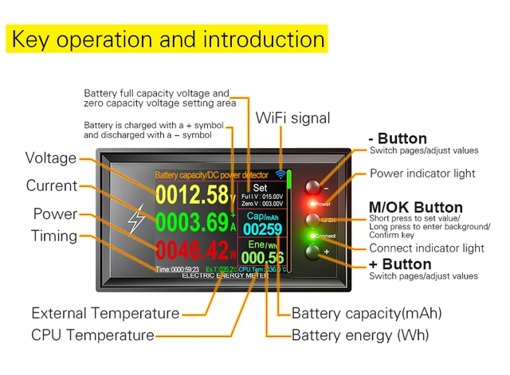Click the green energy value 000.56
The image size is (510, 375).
click(x=263, y=257)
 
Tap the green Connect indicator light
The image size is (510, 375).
click(x=312, y=236)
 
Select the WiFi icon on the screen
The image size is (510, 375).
click(x=281, y=174)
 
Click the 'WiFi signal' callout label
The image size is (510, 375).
click(x=292, y=119)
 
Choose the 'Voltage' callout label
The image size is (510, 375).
click(x=51, y=158)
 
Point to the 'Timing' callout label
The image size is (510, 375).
click(x=54, y=236)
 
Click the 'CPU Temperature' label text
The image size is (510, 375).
click(x=92, y=335)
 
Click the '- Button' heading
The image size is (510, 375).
click(x=398, y=139)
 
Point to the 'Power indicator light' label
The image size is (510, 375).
click(x=422, y=174)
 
